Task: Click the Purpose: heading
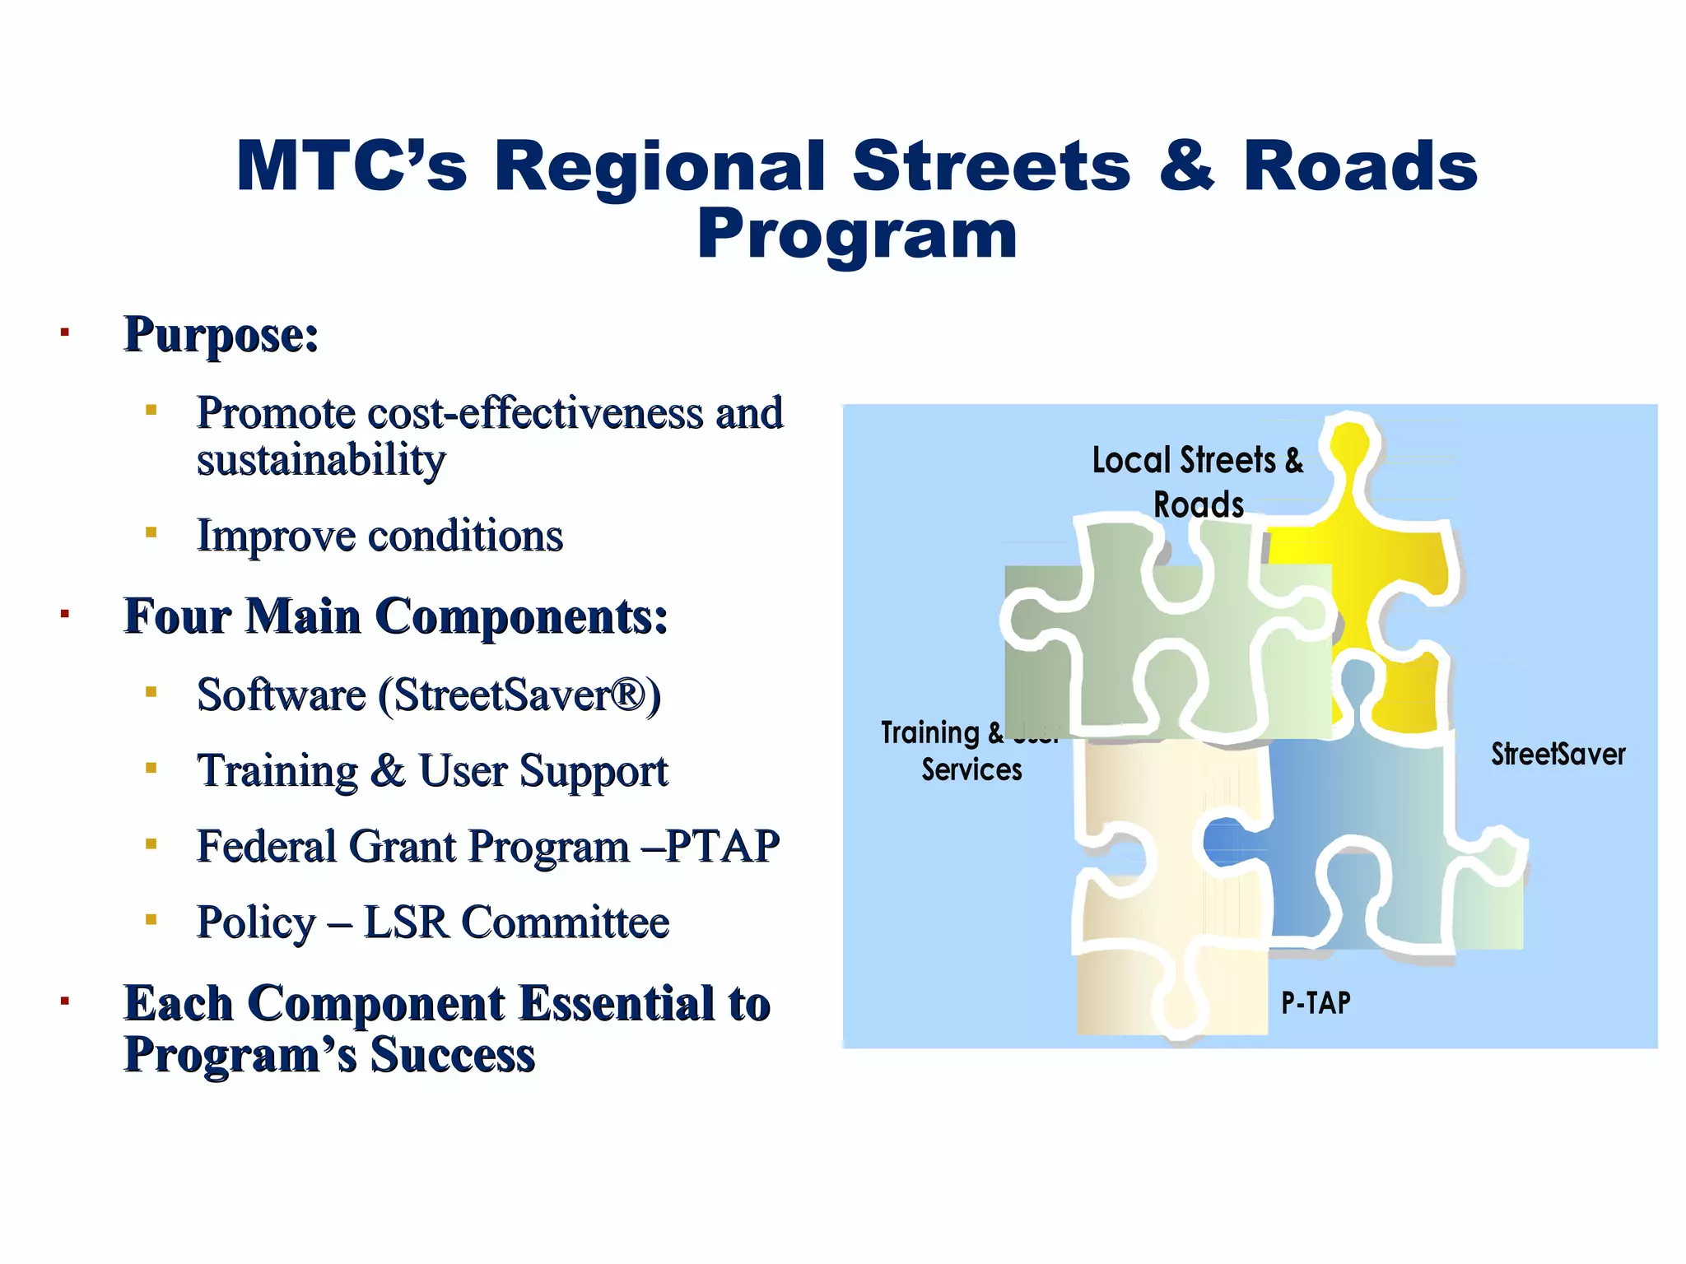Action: pyautogui.click(x=221, y=335)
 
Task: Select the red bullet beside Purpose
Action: pyautogui.click(x=64, y=333)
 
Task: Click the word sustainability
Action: pyautogui.click(x=321, y=459)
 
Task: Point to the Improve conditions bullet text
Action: pyautogui.click(x=380, y=536)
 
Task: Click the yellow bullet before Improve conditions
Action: pyautogui.click(x=151, y=532)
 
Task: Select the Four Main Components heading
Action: pyautogui.click(x=395, y=616)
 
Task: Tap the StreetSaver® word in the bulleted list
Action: pyautogui.click(x=519, y=695)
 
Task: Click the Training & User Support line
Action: pyautogui.click(x=432, y=771)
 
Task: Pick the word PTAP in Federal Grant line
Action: pyautogui.click(x=722, y=847)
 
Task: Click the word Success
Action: pyautogui.click(x=452, y=1055)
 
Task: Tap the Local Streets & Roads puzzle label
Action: pyautogui.click(x=1198, y=481)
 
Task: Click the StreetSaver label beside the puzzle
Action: pyautogui.click(x=1558, y=754)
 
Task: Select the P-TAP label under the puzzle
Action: pyautogui.click(x=1316, y=1002)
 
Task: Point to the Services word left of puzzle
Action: pyautogui.click(x=971, y=769)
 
